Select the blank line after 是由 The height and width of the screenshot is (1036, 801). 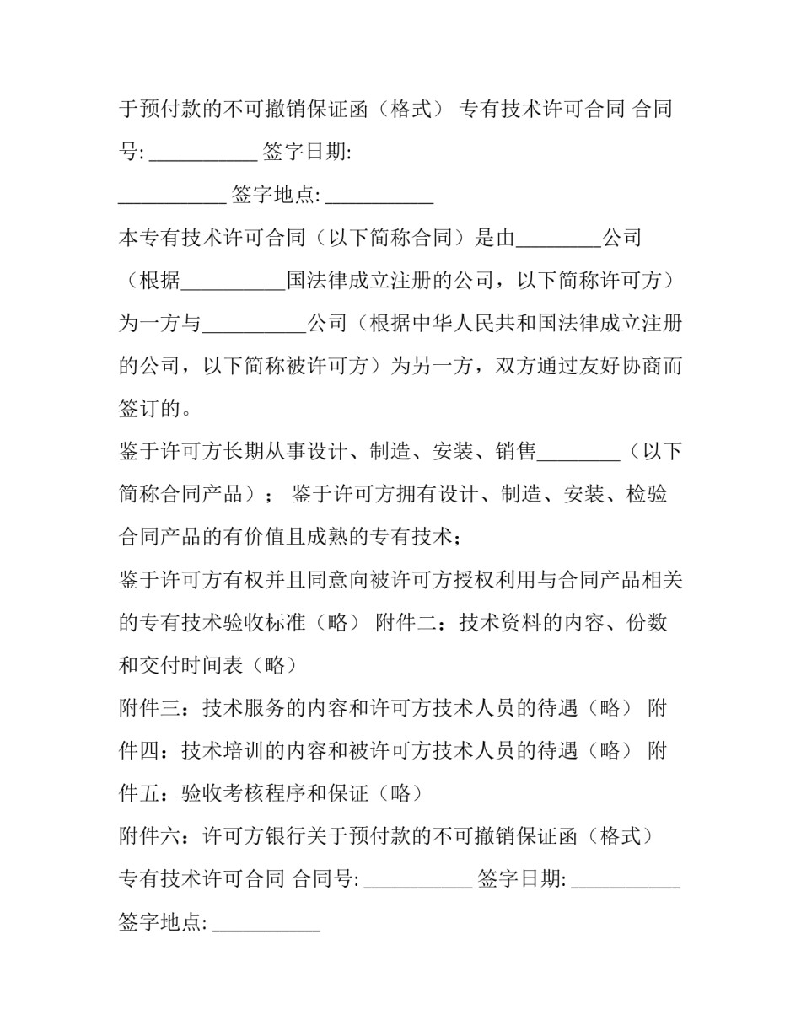click(x=557, y=239)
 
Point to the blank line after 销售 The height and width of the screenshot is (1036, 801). click(x=578, y=453)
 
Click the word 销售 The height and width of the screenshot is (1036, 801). click(x=516, y=452)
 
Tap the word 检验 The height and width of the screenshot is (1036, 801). click(x=647, y=494)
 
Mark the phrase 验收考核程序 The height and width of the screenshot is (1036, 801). click(x=245, y=794)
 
